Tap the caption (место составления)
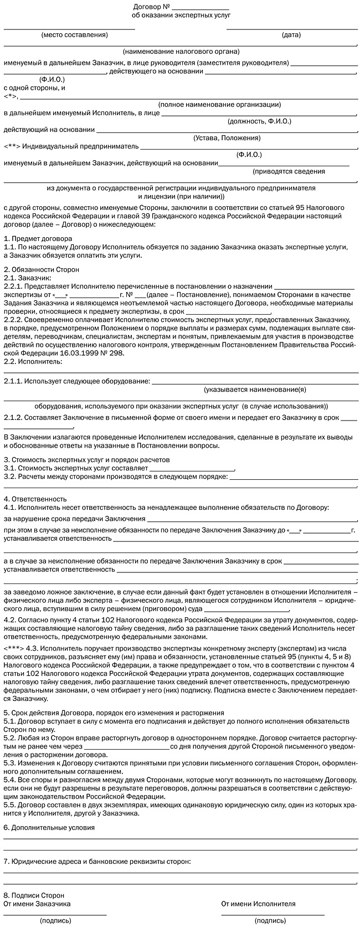[x=74, y=34]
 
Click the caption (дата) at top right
[x=291, y=34]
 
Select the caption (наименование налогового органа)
[x=181, y=52]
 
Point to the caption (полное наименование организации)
[x=219, y=104]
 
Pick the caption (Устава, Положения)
[x=227, y=138]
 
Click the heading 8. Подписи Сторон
[x=34, y=895]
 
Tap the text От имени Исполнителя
[x=259, y=904]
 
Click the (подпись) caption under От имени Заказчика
[x=55, y=921]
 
